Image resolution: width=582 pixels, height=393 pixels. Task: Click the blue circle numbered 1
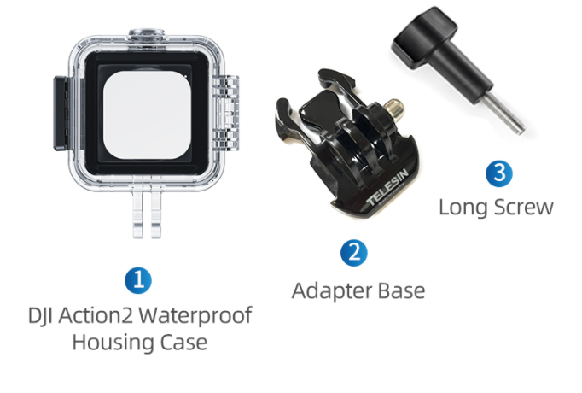(138, 280)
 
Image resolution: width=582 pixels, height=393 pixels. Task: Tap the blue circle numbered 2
(354, 253)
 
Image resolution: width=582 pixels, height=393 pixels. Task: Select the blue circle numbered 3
(499, 173)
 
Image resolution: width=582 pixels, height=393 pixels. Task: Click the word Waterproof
(195, 316)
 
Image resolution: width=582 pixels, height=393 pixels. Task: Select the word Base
(402, 290)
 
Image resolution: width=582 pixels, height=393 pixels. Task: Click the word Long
(463, 208)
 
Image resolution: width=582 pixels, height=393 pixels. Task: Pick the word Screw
(524, 208)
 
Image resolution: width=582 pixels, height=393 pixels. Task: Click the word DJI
(40, 316)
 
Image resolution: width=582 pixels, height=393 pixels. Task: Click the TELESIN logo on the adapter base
(387, 188)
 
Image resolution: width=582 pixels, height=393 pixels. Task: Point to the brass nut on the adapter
(394, 109)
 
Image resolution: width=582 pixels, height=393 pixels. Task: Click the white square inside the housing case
(147, 115)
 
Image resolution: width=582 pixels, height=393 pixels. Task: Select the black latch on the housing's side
(61, 114)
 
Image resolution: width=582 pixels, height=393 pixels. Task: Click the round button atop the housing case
(147, 34)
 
